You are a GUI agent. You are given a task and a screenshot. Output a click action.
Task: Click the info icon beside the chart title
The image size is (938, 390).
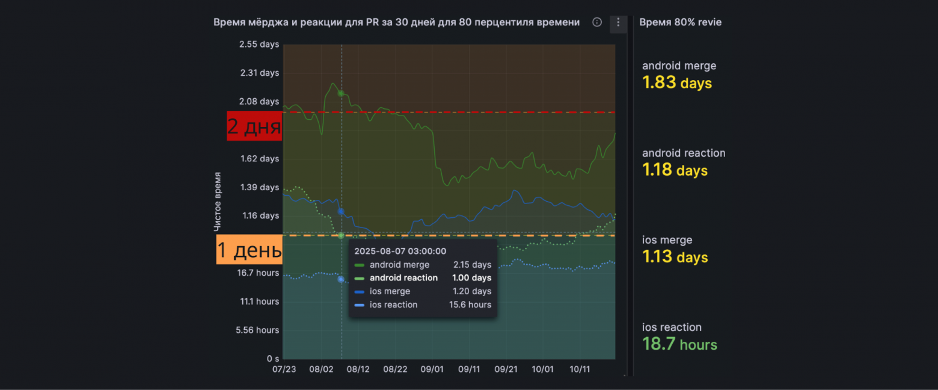[597, 22]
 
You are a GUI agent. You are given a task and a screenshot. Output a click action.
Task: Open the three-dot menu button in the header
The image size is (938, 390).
[618, 23]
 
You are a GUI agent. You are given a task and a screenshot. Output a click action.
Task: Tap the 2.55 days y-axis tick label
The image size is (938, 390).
[259, 44]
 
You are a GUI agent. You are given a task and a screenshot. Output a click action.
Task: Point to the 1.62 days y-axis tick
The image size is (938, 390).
[260, 158]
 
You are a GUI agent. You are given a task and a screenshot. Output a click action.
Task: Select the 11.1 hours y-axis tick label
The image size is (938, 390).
[259, 301]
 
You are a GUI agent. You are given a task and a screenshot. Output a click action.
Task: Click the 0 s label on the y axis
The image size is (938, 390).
[273, 359]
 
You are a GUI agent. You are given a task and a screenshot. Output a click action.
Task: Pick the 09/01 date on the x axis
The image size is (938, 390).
[432, 369]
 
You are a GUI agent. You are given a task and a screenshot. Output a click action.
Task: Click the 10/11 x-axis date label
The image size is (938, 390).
[580, 369]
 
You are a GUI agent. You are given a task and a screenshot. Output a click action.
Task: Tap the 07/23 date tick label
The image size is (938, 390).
[284, 369]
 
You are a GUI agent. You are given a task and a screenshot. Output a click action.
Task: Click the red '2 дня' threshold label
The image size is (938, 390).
[254, 126]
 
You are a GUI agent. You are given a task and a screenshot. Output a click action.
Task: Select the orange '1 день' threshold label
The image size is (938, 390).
[249, 250]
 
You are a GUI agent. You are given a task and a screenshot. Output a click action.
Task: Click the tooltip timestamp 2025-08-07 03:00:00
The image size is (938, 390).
[400, 251]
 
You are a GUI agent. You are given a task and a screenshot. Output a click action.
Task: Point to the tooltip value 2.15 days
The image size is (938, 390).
[473, 265]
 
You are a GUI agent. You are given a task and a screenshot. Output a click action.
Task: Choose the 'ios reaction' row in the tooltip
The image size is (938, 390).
[423, 305]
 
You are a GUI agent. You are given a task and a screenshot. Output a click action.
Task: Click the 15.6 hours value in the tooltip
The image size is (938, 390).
[470, 305]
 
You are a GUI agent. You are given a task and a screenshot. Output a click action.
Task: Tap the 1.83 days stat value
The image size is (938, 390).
[677, 82]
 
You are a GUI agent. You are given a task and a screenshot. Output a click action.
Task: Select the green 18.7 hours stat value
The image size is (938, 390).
[679, 344]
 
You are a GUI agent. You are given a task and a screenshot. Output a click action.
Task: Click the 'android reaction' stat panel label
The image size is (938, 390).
[684, 153]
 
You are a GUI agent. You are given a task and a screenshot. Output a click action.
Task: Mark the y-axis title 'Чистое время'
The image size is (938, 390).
[217, 202]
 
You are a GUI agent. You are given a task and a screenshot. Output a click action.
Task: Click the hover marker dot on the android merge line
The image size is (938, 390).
[342, 93]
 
